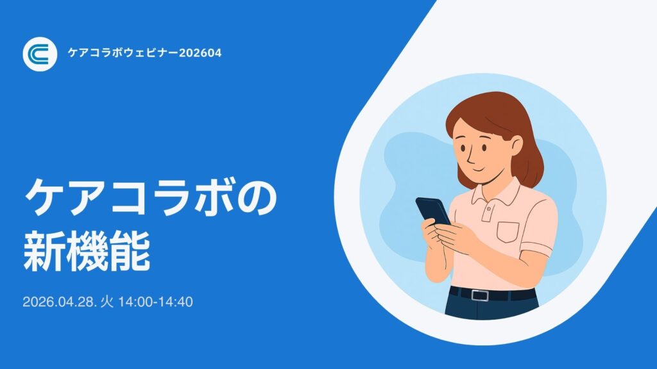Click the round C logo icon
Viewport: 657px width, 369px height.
(x=40, y=54)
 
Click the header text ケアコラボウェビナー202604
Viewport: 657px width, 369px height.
(x=144, y=54)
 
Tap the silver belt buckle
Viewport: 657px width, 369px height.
(x=478, y=295)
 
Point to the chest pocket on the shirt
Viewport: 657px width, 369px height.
(x=508, y=231)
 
